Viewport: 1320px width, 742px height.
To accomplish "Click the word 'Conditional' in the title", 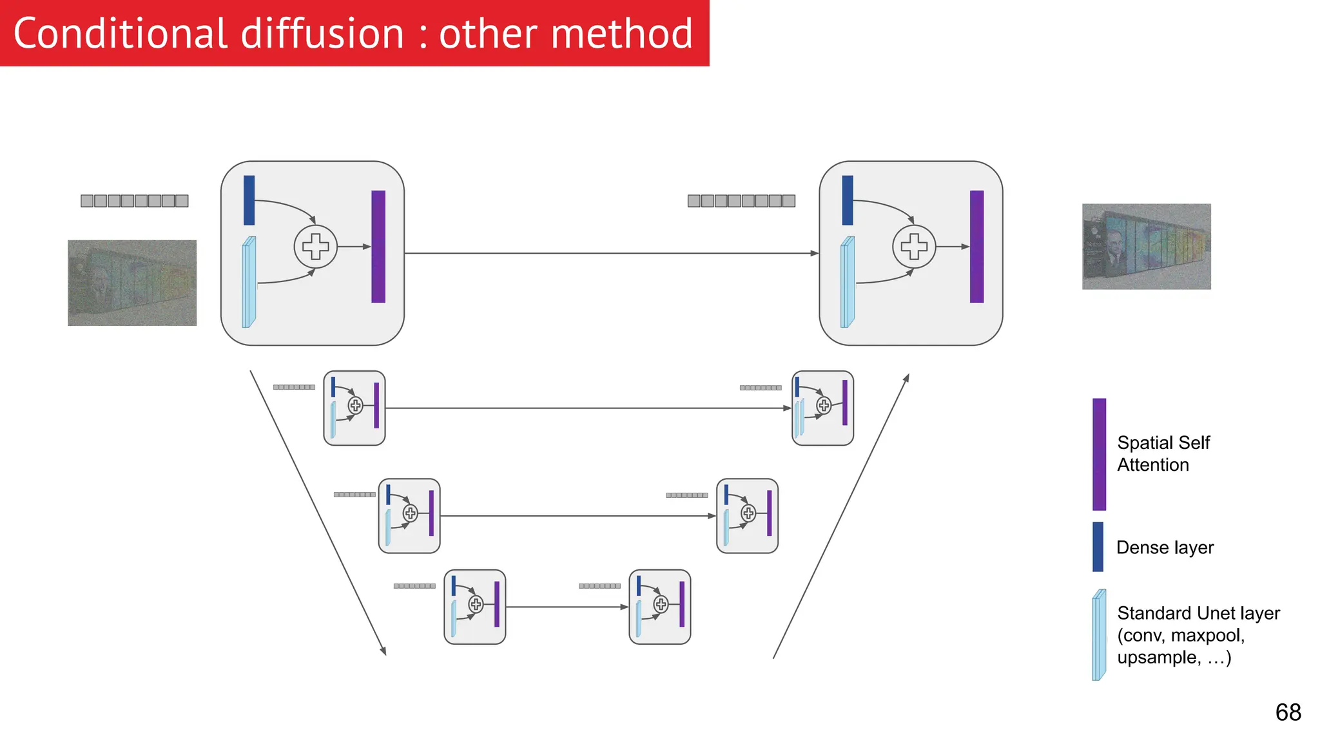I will (x=120, y=33).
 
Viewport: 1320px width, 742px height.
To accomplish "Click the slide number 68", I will (x=1288, y=712).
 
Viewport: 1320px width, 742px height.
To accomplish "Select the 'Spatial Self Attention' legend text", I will (x=1163, y=453).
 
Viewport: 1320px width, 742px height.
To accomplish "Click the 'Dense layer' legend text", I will (x=1165, y=547).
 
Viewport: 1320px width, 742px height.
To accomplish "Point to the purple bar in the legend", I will (x=1099, y=454).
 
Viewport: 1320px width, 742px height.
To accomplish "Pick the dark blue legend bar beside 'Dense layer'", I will (x=1098, y=547).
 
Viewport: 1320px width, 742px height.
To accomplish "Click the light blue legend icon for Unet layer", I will (x=1099, y=635).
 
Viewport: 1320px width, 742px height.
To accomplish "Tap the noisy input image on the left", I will (x=132, y=283).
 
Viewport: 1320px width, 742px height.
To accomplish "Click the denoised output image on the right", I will (x=1146, y=247).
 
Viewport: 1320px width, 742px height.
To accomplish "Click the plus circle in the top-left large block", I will (x=315, y=247).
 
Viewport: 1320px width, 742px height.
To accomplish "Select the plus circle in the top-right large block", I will (x=913, y=247).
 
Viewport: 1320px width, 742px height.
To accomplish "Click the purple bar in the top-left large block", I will (x=378, y=247).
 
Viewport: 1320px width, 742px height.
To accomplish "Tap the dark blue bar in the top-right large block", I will (x=848, y=200).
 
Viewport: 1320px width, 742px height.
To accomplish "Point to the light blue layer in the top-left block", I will (x=249, y=282).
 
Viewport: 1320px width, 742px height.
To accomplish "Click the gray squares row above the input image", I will (x=135, y=201).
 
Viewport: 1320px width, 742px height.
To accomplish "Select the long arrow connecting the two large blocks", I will (x=611, y=253).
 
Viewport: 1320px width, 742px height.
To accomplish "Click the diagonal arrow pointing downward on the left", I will (x=318, y=513).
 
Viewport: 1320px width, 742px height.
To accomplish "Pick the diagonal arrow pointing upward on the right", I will (x=841, y=516).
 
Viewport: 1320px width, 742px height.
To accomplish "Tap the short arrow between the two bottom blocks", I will (x=567, y=607).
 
